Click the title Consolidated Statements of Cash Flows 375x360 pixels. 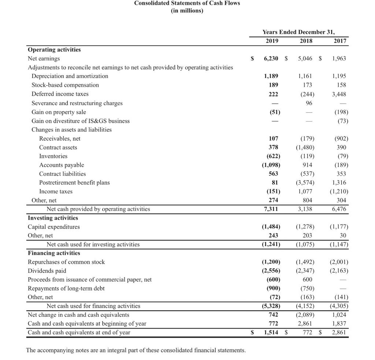187,3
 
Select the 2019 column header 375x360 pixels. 271,41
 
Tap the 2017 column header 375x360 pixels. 340,41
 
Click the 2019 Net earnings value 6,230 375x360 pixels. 271,59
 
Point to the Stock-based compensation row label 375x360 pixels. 65,85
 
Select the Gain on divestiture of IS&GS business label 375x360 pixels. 81,121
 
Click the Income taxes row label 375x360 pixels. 56,192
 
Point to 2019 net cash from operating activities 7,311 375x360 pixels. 271,209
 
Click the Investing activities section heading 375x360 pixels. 53,218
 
